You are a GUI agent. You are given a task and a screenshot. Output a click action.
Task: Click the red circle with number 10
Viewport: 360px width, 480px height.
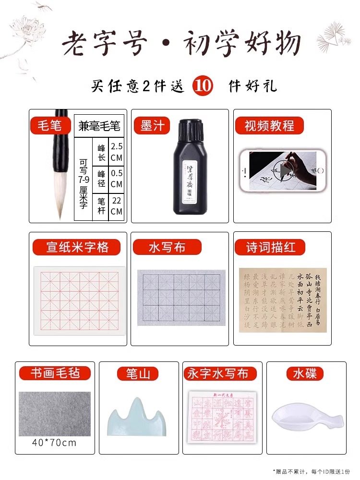[x=202, y=86]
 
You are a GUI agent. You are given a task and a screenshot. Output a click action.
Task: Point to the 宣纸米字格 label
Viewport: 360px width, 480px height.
[x=77, y=247]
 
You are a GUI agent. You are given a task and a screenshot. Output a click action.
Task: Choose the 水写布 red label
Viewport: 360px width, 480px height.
[x=167, y=247]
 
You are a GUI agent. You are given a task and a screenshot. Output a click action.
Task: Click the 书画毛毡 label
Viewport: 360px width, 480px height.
[x=54, y=373]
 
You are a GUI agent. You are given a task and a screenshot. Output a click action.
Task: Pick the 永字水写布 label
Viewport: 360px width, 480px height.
[x=218, y=373]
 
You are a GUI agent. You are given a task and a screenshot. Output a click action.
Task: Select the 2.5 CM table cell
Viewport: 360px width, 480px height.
[x=117, y=151]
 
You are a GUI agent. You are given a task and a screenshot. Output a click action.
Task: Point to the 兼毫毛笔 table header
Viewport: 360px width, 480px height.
[x=99, y=127]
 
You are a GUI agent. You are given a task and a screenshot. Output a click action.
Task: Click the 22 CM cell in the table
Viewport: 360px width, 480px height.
[x=117, y=206]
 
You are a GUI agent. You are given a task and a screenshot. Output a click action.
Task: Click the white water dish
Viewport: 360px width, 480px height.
[x=301, y=417]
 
